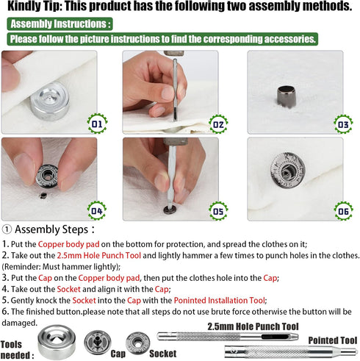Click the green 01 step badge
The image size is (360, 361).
coord(96,121)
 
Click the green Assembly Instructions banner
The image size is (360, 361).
coord(60,24)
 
